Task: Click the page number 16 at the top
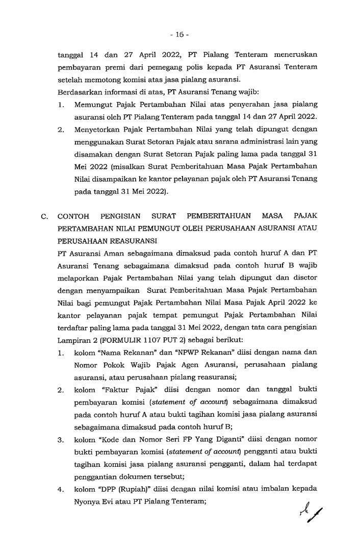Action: click(179, 35)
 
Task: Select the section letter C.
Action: click(44, 217)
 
